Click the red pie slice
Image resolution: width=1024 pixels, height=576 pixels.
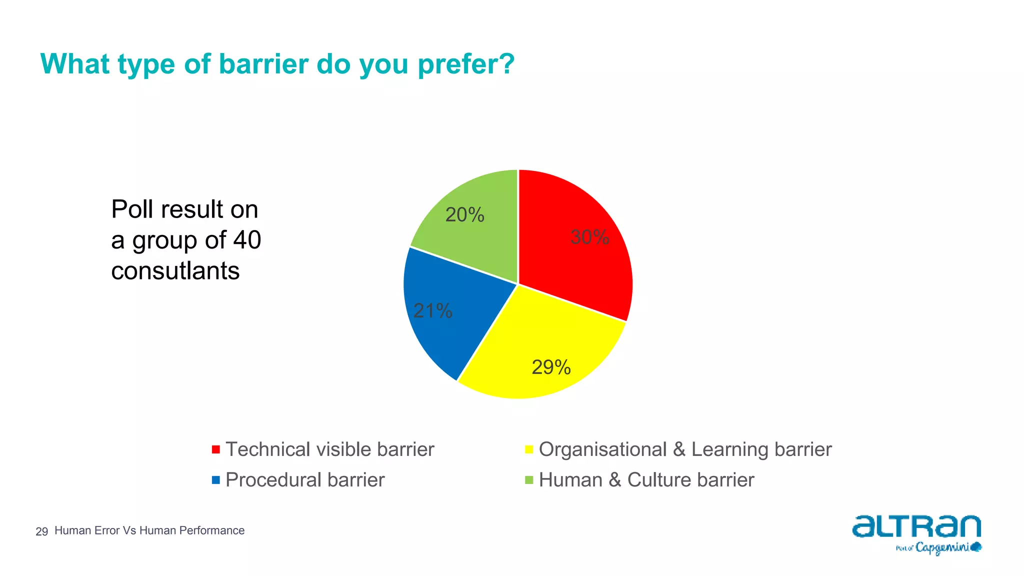point(575,260)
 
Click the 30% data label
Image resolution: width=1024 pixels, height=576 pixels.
point(589,237)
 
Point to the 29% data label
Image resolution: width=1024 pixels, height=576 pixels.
point(551,367)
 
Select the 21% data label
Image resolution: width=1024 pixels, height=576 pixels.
point(432,311)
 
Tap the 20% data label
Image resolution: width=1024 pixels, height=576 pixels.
point(464,215)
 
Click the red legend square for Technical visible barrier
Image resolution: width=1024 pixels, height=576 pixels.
point(216,449)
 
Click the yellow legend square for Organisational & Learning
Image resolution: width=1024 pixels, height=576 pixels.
point(529,449)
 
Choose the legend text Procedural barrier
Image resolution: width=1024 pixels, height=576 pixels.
point(305,480)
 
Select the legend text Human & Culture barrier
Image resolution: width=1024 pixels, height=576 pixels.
point(646,480)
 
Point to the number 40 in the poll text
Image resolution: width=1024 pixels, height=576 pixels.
point(247,240)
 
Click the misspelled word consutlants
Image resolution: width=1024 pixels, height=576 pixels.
point(175,271)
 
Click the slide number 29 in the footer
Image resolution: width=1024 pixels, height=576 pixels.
point(41,531)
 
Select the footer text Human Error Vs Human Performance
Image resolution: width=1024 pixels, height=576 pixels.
point(149,530)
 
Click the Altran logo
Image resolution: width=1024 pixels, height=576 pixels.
point(916,527)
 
